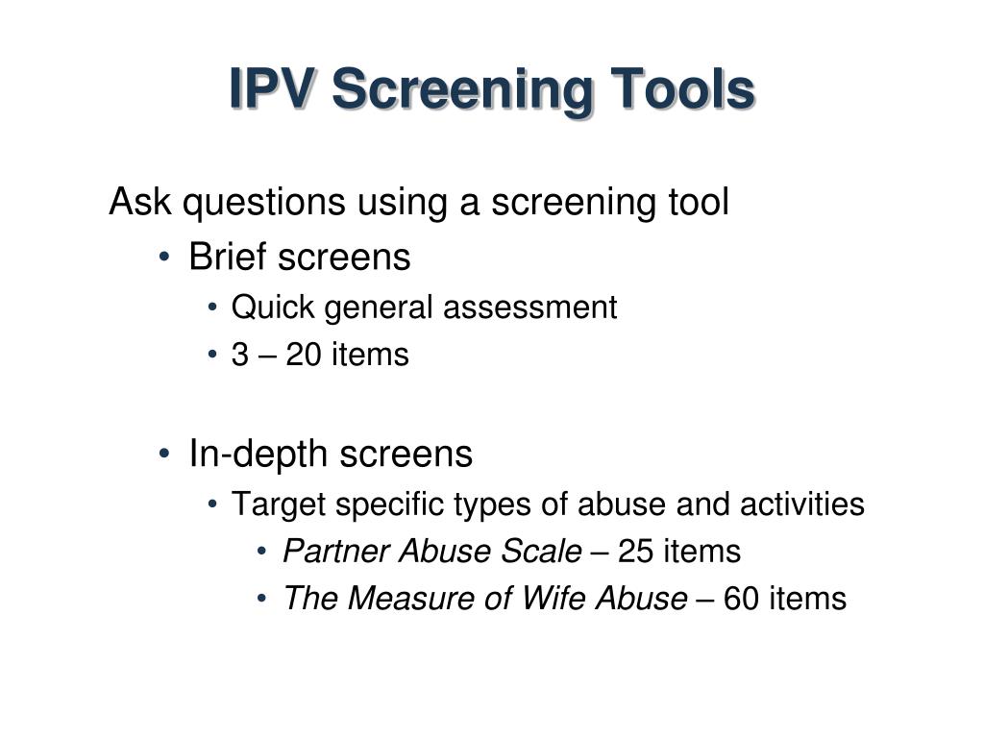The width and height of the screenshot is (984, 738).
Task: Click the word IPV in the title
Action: click(274, 89)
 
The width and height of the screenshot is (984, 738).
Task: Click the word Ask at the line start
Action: click(140, 203)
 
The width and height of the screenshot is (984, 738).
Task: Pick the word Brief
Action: click(228, 258)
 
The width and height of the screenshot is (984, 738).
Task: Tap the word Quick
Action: click(273, 308)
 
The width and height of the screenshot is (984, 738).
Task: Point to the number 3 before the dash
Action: click(239, 356)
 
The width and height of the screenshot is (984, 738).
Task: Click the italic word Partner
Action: click(336, 553)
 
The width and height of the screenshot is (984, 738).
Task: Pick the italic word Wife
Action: click(554, 600)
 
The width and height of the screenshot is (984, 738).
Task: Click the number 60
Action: click(742, 600)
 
